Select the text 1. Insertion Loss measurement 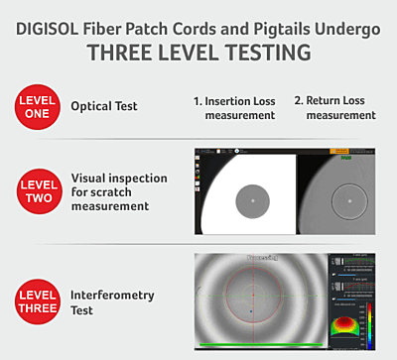pyautogui.click(x=235, y=108)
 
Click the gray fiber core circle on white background pyautogui.click(x=252, y=201)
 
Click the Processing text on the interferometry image pyautogui.click(x=265, y=259)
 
